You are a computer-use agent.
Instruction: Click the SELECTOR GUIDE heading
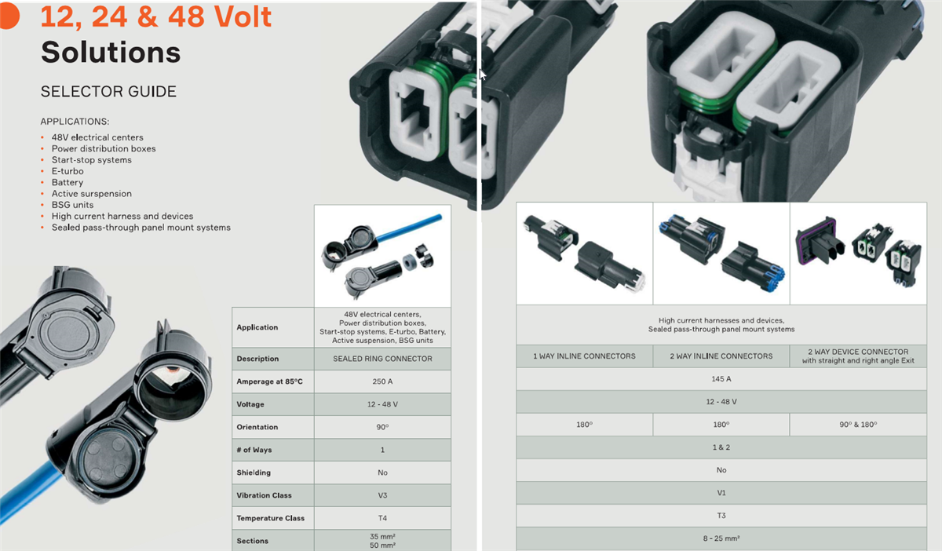108,92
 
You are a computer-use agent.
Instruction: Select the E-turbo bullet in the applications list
68,171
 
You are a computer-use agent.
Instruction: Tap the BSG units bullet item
72,205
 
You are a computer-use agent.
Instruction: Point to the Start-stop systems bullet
91,160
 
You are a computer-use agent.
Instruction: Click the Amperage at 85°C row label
269,381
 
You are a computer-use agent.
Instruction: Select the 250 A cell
382,381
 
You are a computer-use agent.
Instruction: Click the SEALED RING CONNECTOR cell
382,359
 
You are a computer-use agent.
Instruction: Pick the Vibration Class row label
264,495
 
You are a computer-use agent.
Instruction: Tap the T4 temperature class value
382,518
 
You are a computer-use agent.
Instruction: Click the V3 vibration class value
382,495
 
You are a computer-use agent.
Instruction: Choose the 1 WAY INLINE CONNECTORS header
584,356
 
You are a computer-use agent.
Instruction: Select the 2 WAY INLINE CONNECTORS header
721,356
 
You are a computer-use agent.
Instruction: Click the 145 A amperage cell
721,379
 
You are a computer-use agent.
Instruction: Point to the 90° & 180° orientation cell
858,425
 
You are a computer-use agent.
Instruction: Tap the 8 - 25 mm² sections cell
721,538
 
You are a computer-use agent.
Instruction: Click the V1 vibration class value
721,493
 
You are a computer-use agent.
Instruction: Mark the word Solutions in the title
111,52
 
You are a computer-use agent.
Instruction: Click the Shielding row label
254,473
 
